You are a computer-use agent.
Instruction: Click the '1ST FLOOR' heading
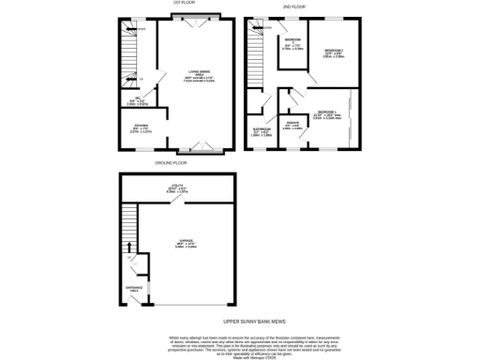[183, 4]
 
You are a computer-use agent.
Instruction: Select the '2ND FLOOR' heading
[295, 6]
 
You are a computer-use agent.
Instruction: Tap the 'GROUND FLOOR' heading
[172, 162]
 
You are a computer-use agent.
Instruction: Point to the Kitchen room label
[137, 130]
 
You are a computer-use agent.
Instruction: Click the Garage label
[179, 246]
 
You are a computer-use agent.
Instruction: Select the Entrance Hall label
[134, 289]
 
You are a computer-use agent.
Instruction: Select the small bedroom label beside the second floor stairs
[292, 43]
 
